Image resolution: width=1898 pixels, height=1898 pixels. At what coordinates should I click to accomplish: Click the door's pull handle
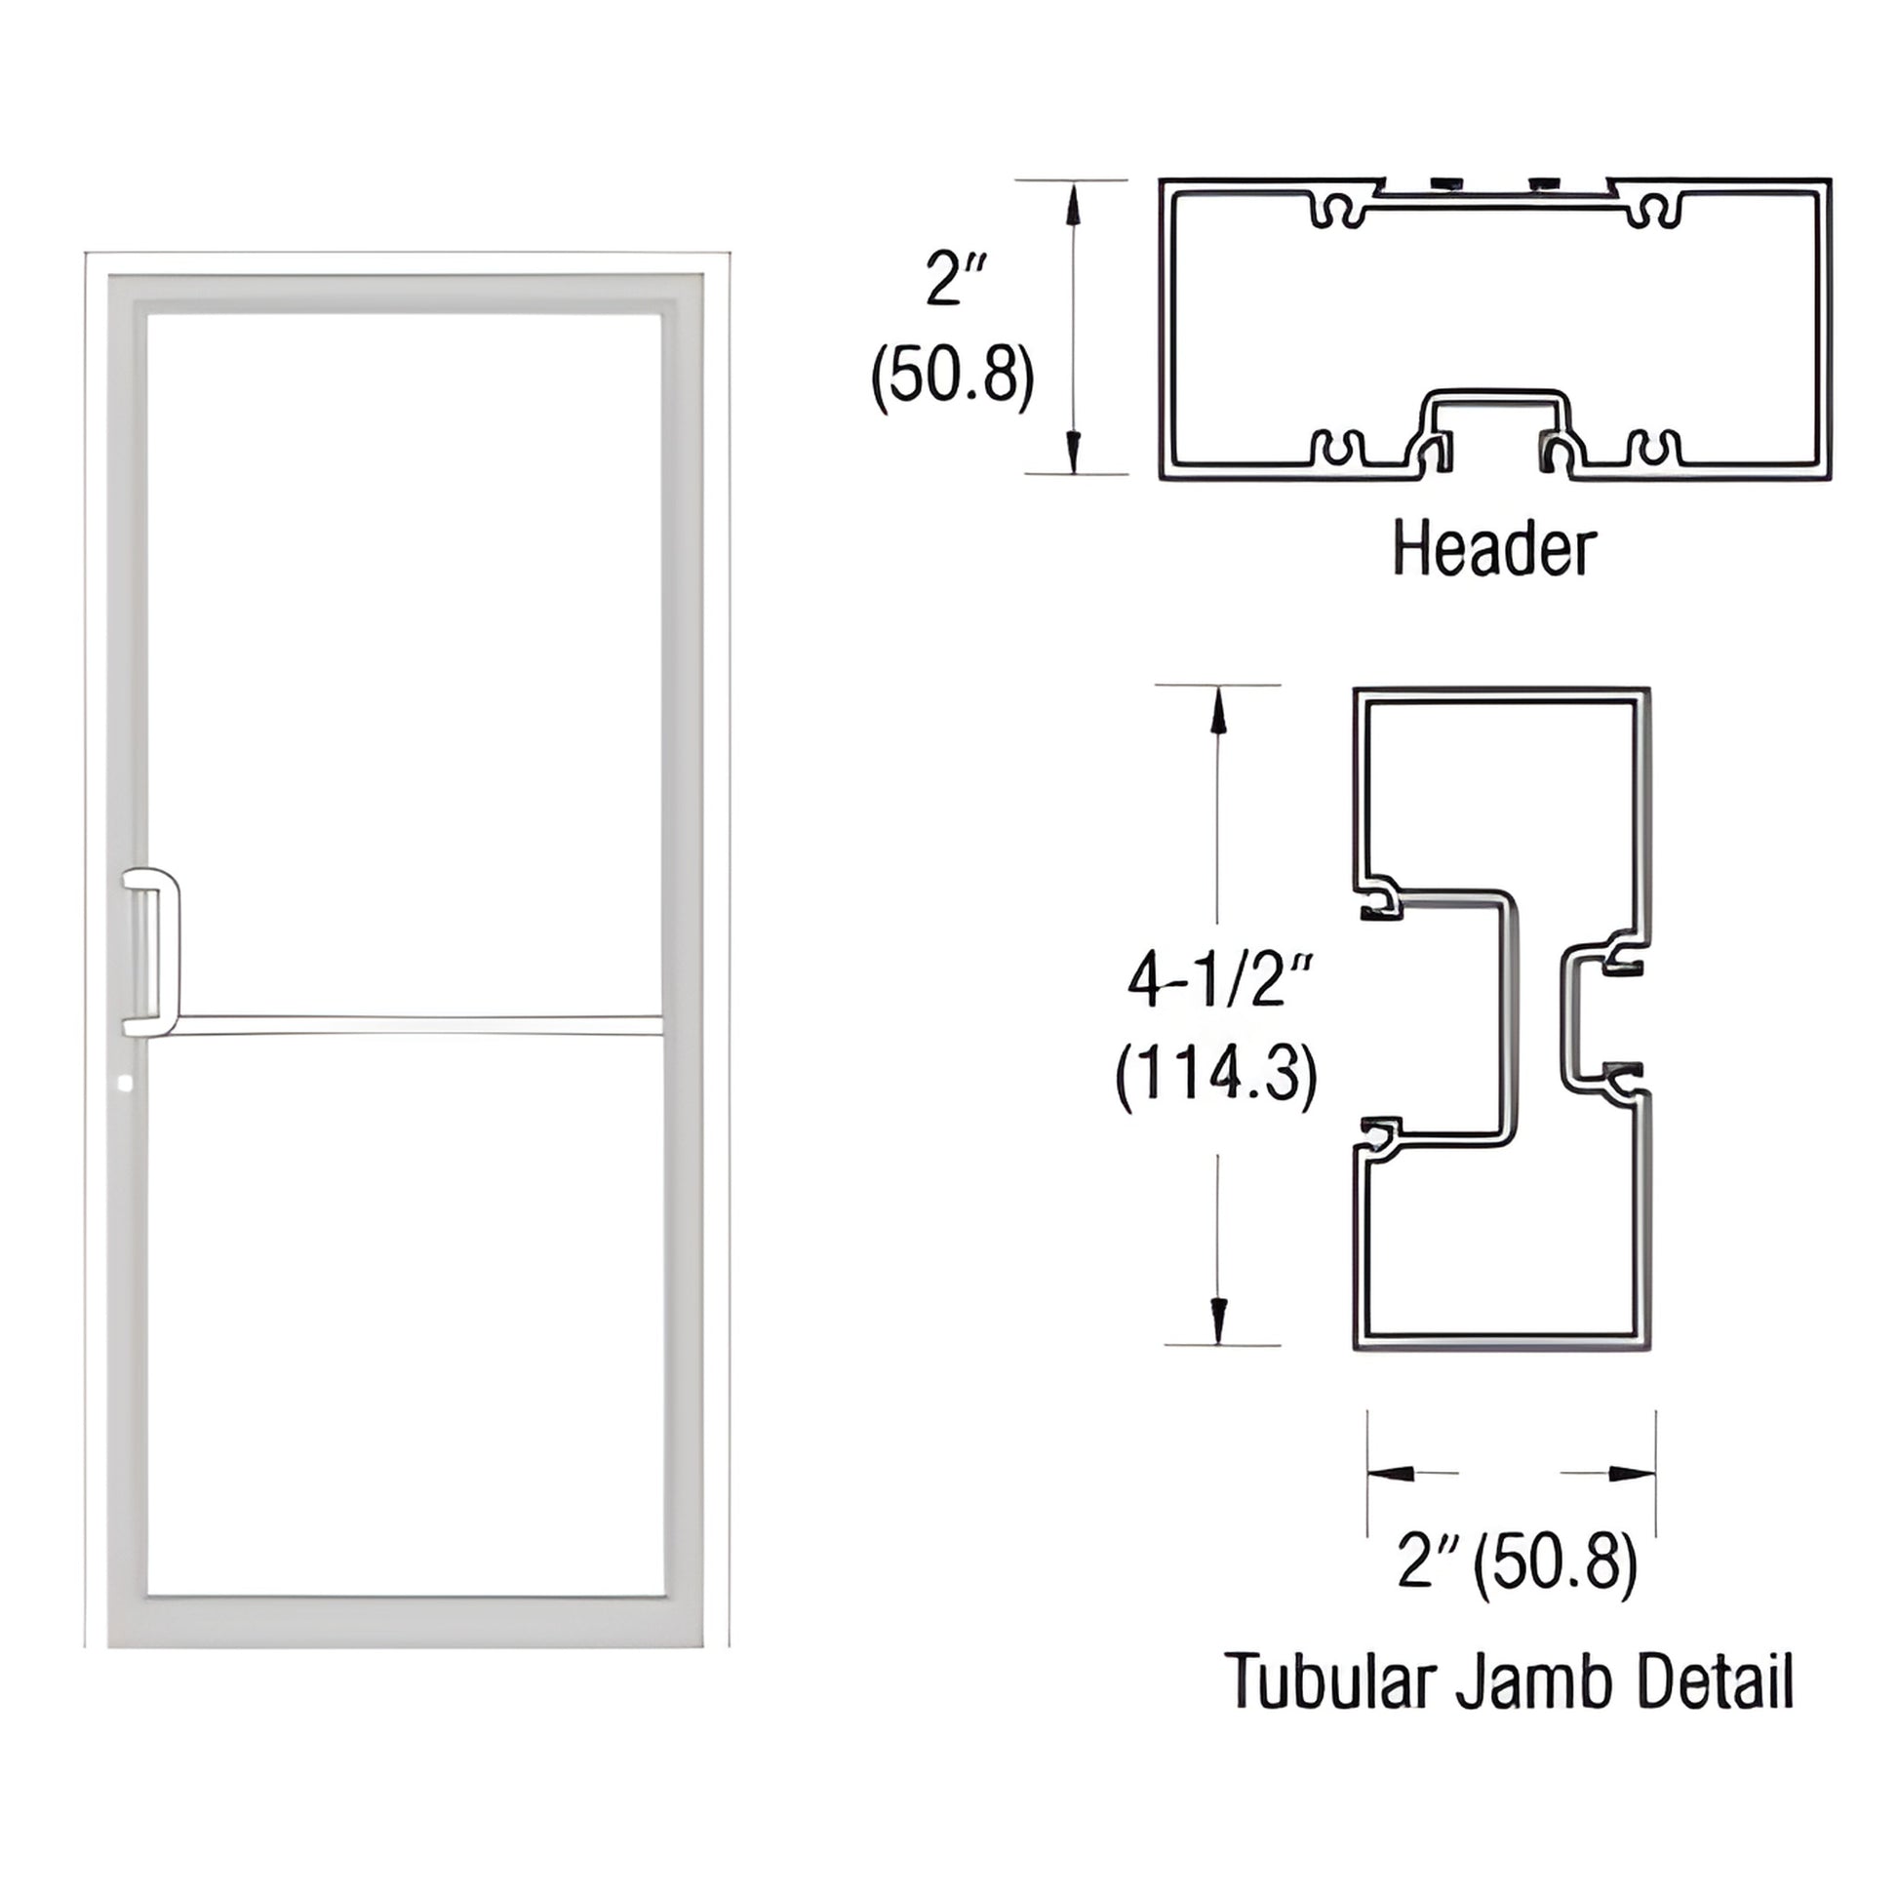[x=152, y=952]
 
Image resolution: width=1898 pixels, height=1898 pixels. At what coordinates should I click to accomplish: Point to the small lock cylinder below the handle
[x=124, y=1084]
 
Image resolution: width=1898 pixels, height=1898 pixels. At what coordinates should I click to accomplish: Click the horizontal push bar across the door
[x=413, y=1025]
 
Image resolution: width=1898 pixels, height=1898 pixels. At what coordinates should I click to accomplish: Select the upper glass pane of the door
[x=404, y=658]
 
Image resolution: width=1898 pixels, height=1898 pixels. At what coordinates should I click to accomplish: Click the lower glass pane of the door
[x=404, y=1317]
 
